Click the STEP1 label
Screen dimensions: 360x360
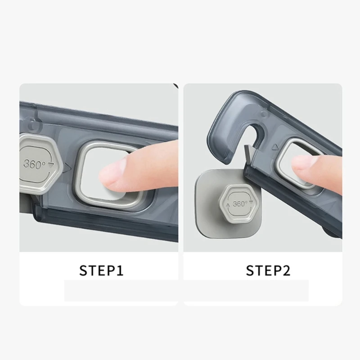[101, 270]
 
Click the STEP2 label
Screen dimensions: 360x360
[268, 270]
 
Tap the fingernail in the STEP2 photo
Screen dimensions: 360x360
[299, 164]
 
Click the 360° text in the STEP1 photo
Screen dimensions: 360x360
[34, 164]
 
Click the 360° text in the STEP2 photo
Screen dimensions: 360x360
[240, 203]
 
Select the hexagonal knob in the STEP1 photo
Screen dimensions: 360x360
[40, 164]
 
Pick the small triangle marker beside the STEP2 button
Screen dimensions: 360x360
[275, 147]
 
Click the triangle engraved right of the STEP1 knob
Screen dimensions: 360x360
[67, 168]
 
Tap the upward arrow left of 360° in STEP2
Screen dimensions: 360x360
[228, 205]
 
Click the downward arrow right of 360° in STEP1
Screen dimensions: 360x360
[51, 164]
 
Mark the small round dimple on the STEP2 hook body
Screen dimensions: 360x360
[264, 113]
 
